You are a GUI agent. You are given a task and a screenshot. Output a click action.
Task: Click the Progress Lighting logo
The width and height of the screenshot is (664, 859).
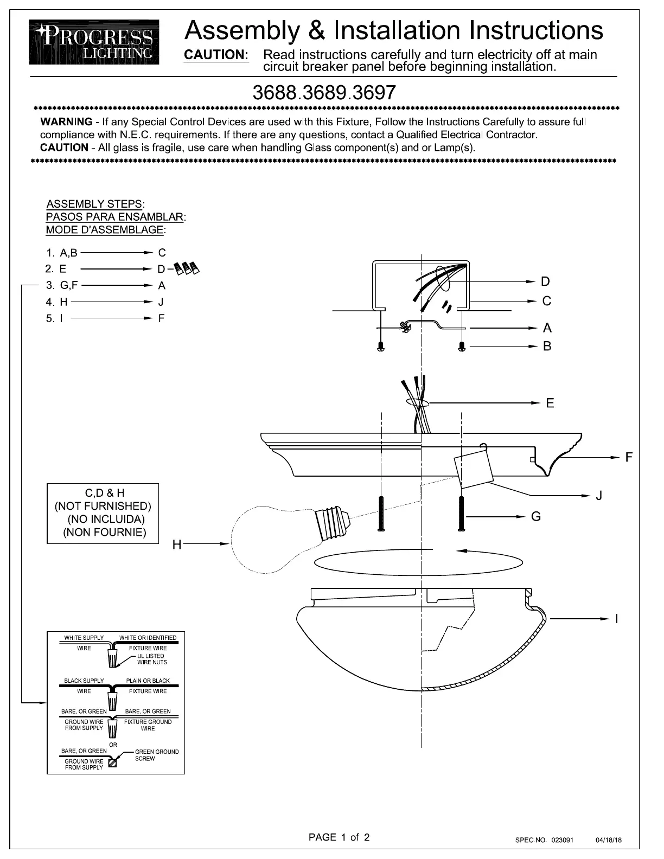tap(94, 42)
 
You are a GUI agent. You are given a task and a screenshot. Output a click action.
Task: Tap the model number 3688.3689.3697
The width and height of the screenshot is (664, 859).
tap(324, 93)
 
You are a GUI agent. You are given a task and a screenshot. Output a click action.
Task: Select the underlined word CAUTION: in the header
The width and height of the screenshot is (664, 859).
tap(216, 55)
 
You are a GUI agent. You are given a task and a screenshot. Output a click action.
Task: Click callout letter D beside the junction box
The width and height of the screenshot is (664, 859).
tap(545, 281)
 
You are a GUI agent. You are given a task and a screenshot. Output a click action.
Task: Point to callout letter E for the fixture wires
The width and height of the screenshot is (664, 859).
tap(550, 403)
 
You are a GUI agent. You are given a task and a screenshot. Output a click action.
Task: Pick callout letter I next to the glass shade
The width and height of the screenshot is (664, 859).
tap(617, 619)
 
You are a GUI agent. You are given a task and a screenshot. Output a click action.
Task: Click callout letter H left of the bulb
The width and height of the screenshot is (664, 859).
tap(177, 544)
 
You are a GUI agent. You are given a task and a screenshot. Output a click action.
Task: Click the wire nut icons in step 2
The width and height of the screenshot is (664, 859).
tap(187, 268)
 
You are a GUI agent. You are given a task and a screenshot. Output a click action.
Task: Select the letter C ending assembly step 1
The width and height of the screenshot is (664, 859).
tap(162, 253)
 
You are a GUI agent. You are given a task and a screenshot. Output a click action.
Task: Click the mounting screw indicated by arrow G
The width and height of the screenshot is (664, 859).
tap(461, 513)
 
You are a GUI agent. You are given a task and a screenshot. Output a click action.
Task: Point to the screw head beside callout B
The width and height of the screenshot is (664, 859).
tap(462, 347)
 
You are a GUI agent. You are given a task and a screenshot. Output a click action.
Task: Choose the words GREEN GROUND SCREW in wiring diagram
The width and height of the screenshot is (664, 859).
tap(157, 755)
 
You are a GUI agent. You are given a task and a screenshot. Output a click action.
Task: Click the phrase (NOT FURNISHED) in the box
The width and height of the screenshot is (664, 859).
tap(103, 506)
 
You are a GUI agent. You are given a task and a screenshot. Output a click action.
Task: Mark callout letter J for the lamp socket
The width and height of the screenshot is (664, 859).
tap(599, 495)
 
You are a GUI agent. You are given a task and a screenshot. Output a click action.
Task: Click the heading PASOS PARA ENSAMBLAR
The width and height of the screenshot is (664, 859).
tap(114, 216)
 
